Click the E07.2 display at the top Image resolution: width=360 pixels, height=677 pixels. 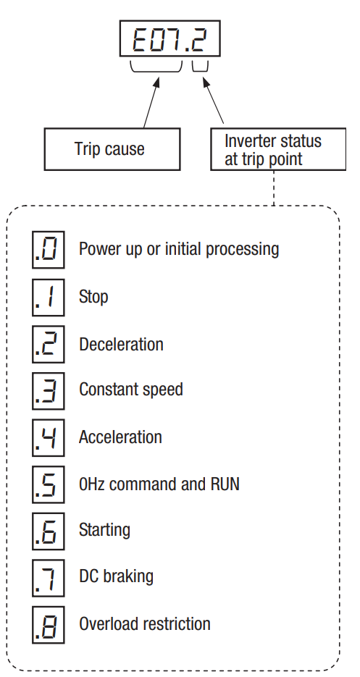point(169,38)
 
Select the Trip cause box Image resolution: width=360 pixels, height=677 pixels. point(112,149)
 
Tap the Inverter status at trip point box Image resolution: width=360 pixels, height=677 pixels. point(278,149)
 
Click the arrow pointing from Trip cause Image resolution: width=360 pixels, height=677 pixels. point(151,103)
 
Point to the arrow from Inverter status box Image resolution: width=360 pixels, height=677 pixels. point(213,101)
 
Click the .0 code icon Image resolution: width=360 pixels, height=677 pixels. point(48,250)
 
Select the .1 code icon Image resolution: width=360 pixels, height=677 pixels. point(48,297)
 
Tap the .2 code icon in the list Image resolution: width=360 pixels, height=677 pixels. point(48,344)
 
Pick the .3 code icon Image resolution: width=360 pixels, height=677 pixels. point(48,391)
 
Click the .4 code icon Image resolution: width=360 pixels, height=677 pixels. point(48,437)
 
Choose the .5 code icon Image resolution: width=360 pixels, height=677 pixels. point(48,484)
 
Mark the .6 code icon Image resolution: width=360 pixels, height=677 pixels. point(48,531)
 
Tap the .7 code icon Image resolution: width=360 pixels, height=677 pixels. point(48,578)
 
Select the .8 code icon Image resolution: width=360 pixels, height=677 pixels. point(48,625)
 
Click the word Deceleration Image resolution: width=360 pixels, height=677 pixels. point(121,345)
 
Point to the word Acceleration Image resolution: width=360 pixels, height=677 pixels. point(120,437)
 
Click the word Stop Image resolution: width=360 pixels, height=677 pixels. point(93,298)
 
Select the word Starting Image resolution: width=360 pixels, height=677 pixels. point(104,531)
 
